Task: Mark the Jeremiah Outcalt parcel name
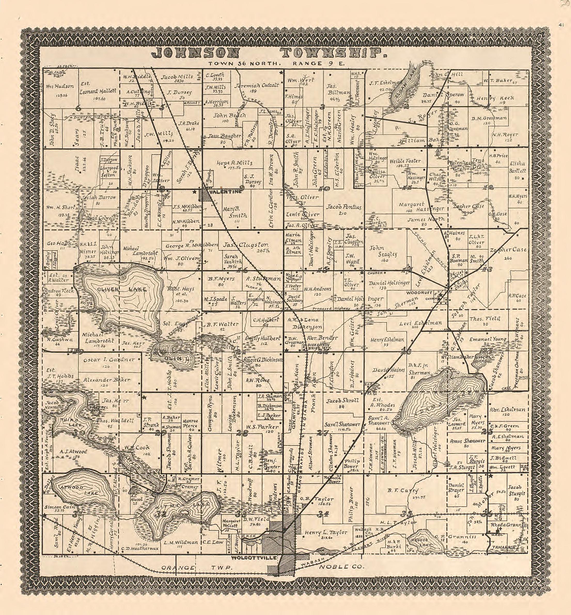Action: point(256,85)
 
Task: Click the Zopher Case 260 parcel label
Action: point(502,250)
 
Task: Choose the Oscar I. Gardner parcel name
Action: point(109,360)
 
